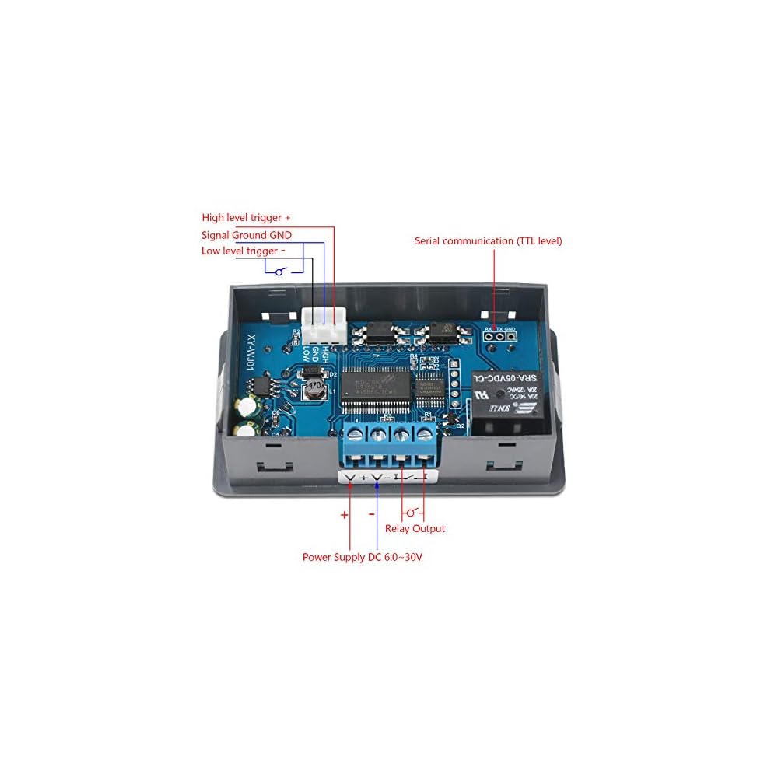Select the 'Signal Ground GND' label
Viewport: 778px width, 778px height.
pos(246,234)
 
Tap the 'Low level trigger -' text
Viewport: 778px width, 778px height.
pos(243,250)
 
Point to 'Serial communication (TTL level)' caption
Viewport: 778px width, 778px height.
pos(488,241)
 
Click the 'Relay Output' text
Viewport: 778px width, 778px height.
pos(415,529)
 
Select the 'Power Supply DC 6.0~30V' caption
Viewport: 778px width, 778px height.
pos(363,558)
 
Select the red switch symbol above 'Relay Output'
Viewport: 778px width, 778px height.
pos(413,513)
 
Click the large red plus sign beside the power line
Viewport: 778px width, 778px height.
pos(344,514)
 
